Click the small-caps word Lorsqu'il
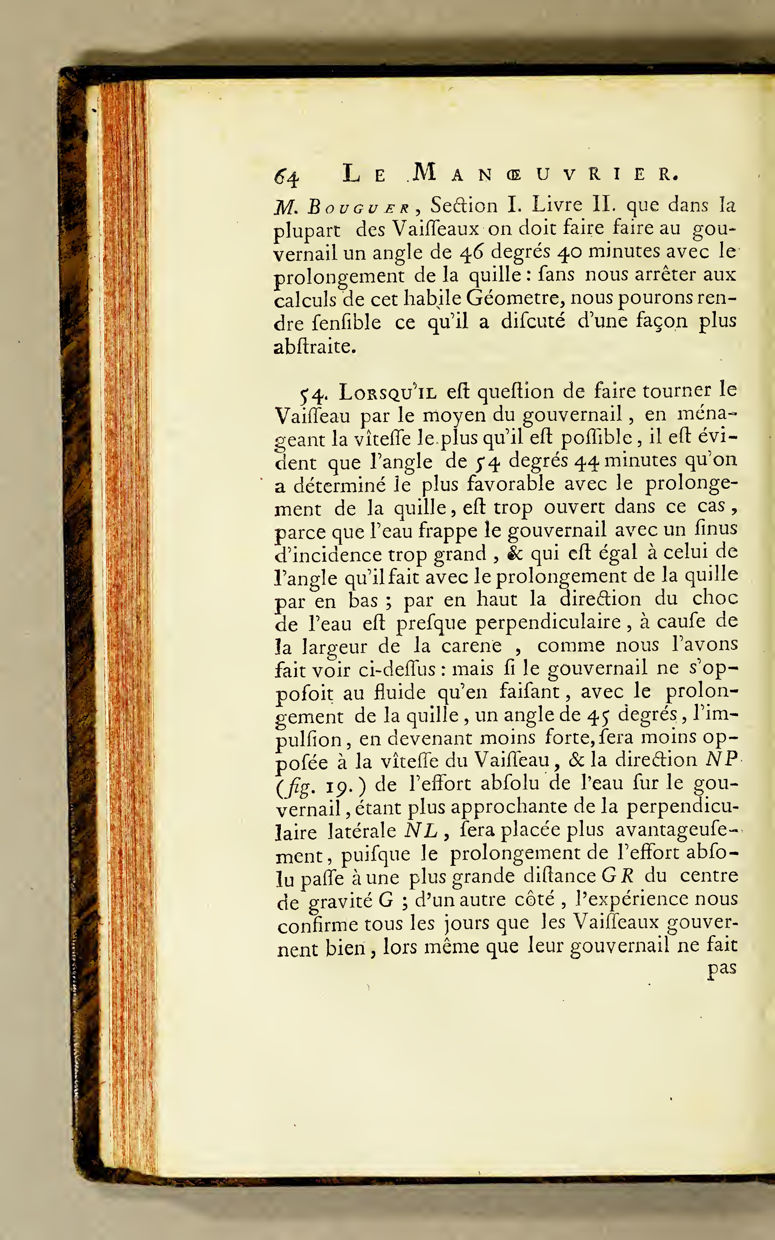[388, 392]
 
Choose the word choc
[715, 599]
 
